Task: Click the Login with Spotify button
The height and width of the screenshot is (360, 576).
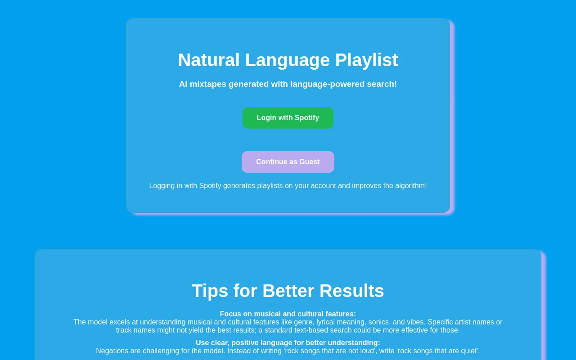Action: point(288,118)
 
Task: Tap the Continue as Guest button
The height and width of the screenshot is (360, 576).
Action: point(288,162)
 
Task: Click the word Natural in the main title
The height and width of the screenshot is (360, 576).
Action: point(209,60)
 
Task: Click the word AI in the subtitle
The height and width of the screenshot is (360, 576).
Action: point(183,84)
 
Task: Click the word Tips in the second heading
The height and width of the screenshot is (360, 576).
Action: point(210,291)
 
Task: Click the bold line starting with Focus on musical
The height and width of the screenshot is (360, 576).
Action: point(288,314)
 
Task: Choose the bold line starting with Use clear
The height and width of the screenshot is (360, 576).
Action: point(288,343)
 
